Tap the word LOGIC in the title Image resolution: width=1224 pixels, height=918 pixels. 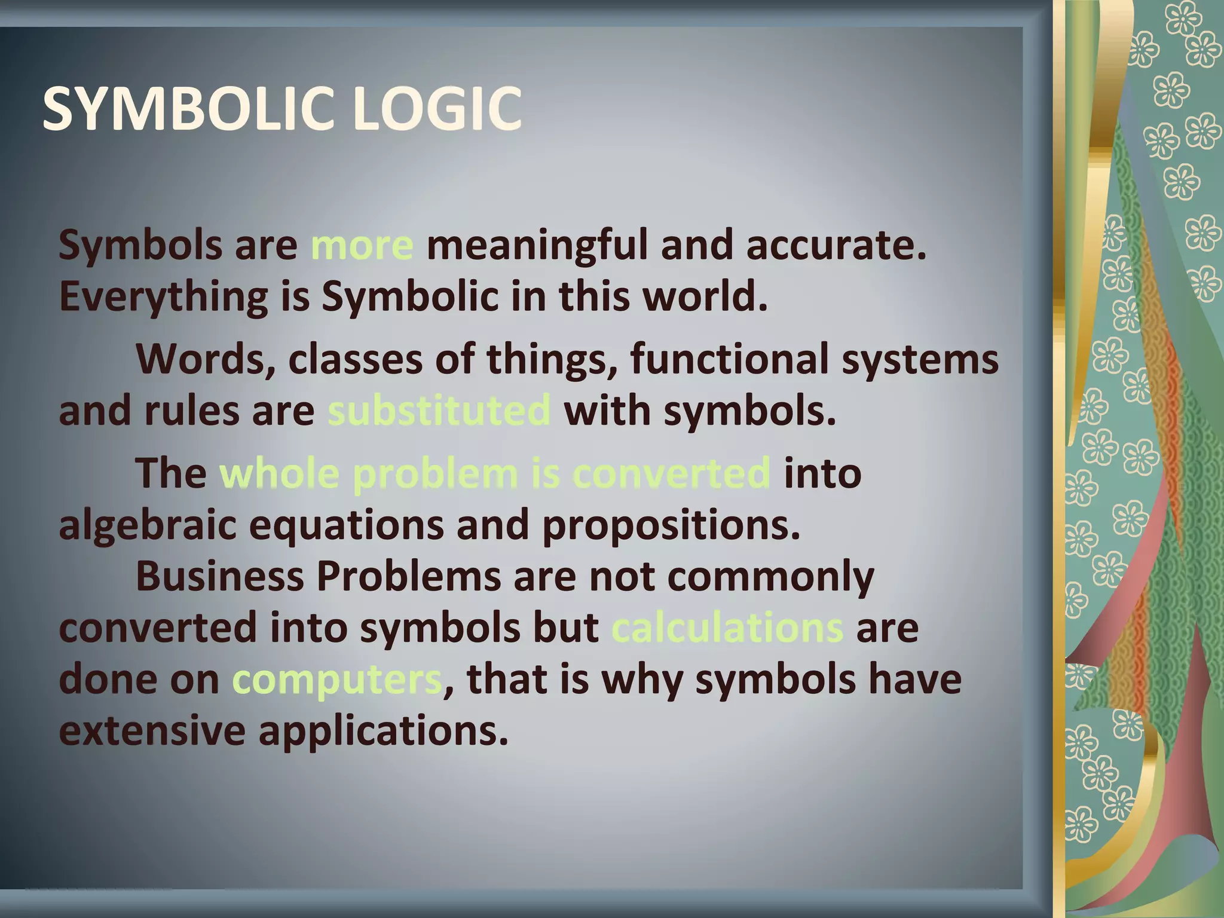pyautogui.click(x=437, y=109)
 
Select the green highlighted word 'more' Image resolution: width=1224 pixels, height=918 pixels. pyautogui.click(x=362, y=246)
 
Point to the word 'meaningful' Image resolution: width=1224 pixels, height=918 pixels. pyautogui.click(x=536, y=246)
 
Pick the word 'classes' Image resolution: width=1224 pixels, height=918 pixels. pyautogui.click(x=355, y=359)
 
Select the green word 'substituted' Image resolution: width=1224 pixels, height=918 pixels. pyautogui.click(x=439, y=411)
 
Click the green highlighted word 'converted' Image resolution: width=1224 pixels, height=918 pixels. pyautogui.click(x=671, y=473)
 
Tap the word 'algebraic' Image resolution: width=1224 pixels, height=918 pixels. pyautogui.click(x=148, y=525)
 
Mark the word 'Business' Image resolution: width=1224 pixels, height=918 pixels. pyautogui.click(x=220, y=577)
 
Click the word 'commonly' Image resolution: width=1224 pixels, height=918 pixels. pyautogui.click(x=770, y=577)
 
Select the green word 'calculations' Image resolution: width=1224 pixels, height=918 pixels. pyautogui.click(x=727, y=628)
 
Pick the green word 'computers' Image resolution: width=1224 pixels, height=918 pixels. pyautogui.click(x=336, y=680)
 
